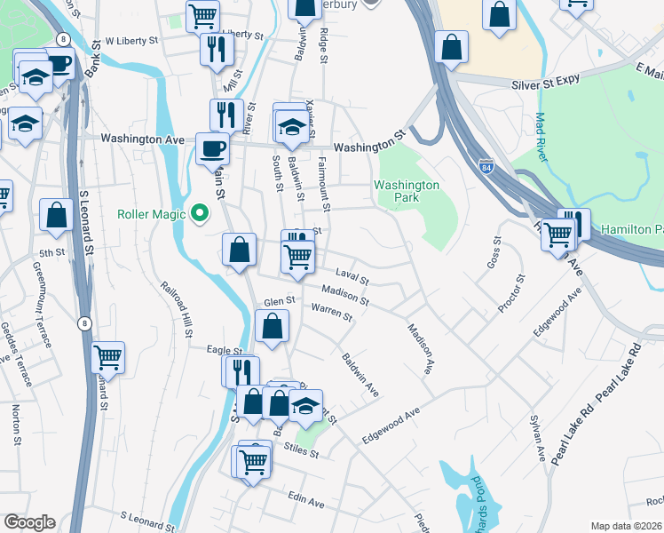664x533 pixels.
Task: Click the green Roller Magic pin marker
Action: click(x=201, y=213)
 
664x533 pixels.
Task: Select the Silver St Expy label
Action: click(x=546, y=80)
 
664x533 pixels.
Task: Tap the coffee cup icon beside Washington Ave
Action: click(x=213, y=148)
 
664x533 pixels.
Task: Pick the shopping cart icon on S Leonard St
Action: click(x=107, y=357)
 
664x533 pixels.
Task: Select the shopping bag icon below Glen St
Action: click(x=272, y=326)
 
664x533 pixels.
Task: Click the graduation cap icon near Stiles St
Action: click(x=305, y=405)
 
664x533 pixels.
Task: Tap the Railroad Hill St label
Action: click(x=178, y=310)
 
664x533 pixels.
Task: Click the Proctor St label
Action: click(x=511, y=293)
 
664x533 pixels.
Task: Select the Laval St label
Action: click(x=352, y=277)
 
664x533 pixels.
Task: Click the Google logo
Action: click(x=29, y=522)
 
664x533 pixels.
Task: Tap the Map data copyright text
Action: click(x=626, y=526)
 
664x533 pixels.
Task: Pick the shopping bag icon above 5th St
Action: click(x=57, y=215)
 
